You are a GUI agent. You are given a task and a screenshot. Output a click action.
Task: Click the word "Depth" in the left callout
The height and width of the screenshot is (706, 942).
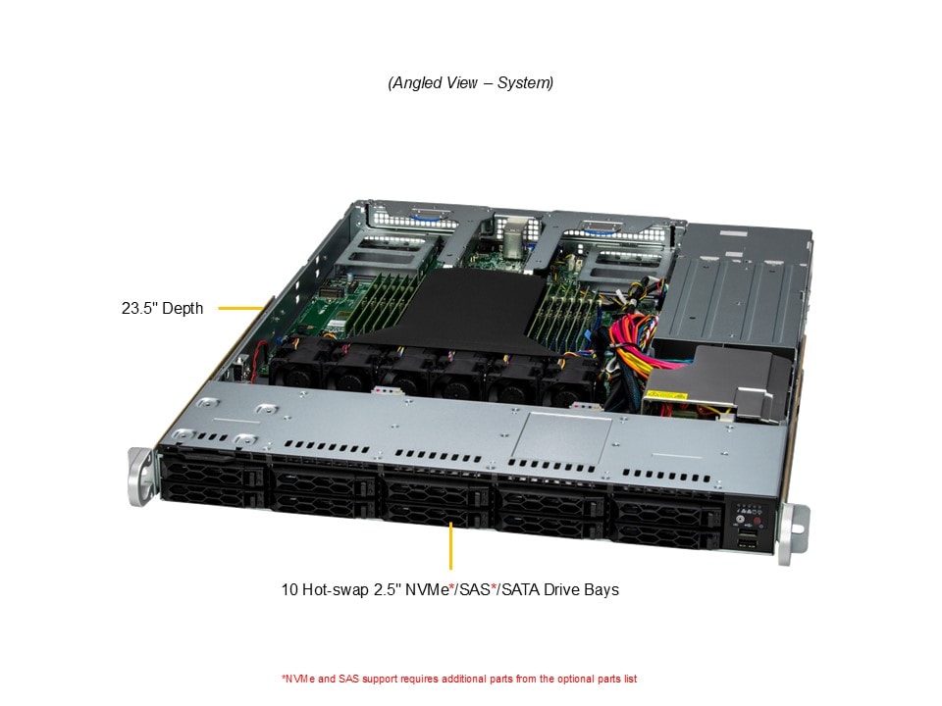(x=183, y=309)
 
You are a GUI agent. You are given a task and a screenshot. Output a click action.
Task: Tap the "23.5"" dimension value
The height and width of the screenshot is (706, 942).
(x=139, y=309)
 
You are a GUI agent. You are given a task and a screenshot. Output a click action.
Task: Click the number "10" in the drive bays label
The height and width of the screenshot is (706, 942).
(x=289, y=589)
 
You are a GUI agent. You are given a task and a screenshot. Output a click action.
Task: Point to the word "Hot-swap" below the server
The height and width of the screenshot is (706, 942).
(x=336, y=589)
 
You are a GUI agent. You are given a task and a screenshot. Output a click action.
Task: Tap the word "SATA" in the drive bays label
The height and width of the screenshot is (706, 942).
(x=520, y=589)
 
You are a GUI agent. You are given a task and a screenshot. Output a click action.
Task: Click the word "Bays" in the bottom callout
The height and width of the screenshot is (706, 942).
(x=602, y=589)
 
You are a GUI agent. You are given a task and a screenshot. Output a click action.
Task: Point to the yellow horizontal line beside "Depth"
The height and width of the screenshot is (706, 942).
(x=241, y=309)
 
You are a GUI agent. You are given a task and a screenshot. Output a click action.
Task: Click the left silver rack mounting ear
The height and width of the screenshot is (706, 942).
(x=140, y=478)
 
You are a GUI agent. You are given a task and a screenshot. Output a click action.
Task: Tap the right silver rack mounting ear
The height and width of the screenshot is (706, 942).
(x=793, y=534)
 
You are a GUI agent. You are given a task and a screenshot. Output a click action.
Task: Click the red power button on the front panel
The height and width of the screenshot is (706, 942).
(x=757, y=521)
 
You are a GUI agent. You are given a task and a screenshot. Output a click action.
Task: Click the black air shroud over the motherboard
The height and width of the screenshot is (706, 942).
(x=462, y=312)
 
